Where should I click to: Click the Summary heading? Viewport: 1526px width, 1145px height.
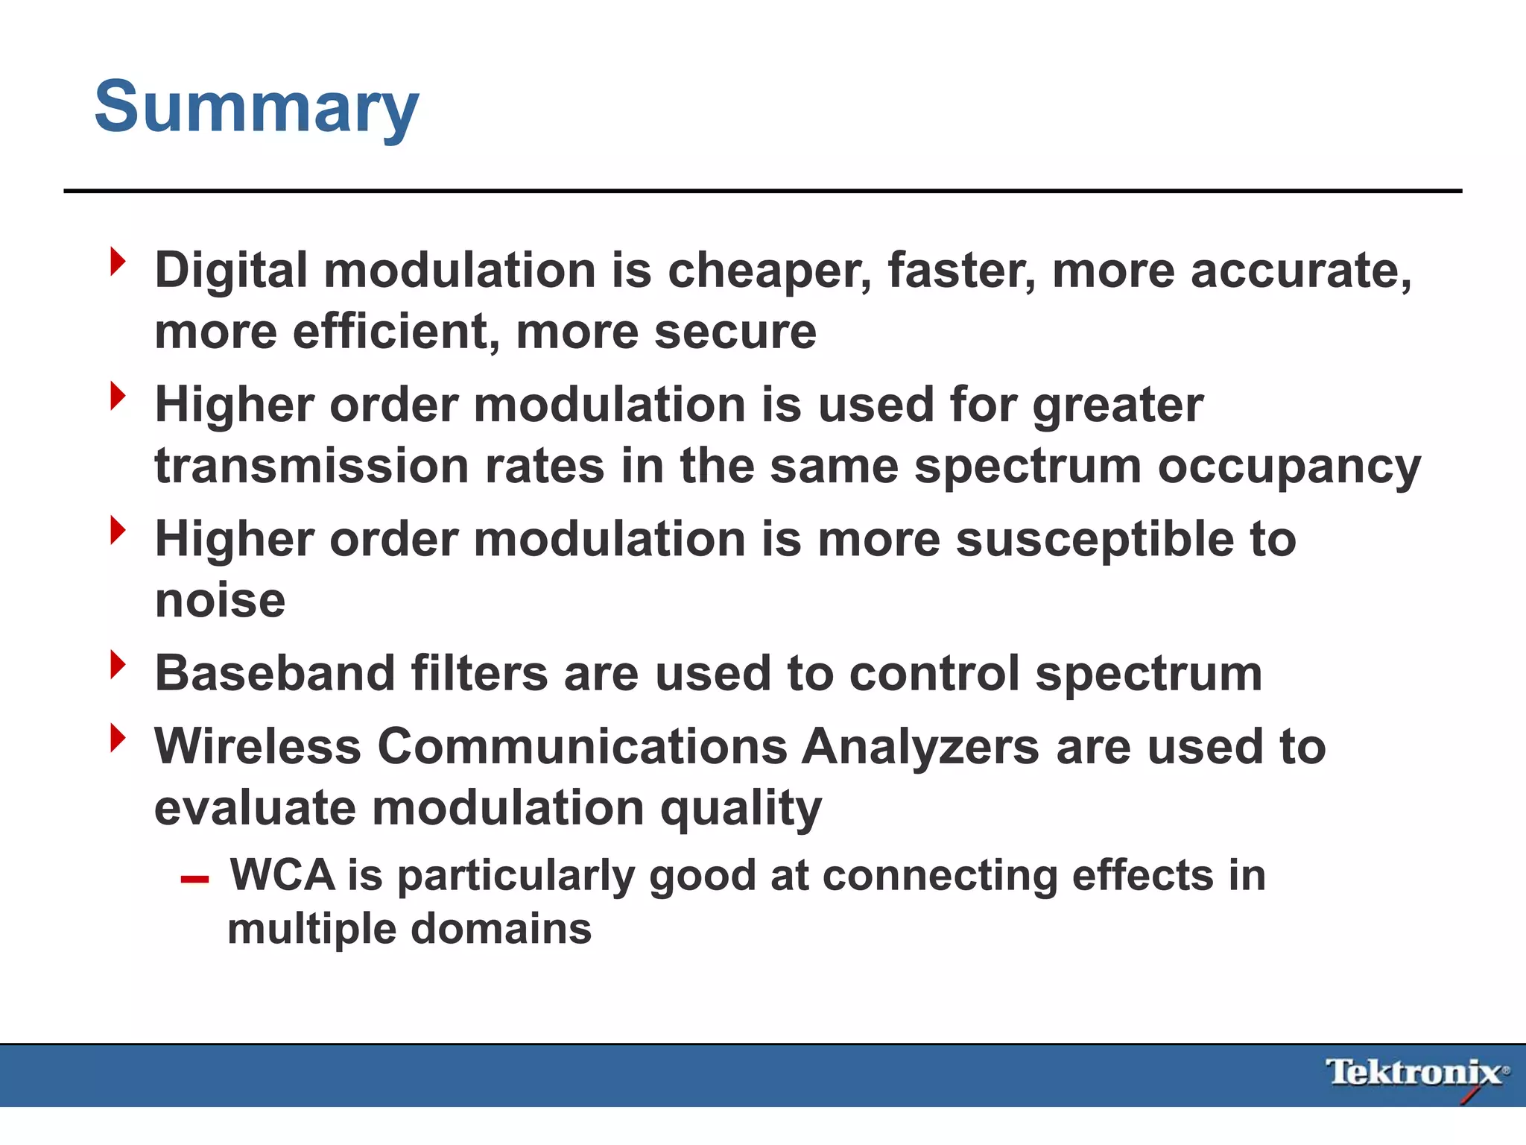pyautogui.click(x=256, y=108)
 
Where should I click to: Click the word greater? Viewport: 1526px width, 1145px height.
pyautogui.click(x=1118, y=406)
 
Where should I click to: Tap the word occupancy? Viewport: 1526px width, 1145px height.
pyautogui.click(x=1289, y=467)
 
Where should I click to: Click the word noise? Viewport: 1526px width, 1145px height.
pyautogui.click(x=220, y=601)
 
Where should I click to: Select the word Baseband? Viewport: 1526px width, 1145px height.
pyautogui.click(x=275, y=674)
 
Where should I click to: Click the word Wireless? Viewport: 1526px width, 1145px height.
pyautogui.click(x=257, y=747)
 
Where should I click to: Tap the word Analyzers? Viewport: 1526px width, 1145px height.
pyautogui.click(x=920, y=747)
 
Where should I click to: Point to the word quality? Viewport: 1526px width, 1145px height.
pyautogui.click(x=741, y=810)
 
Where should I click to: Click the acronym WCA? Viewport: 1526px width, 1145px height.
pyautogui.click(x=282, y=875)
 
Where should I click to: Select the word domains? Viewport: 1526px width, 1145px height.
pyautogui.click(x=501, y=930)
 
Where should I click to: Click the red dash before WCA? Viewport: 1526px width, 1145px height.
pyautogui.click(x=194, y=880)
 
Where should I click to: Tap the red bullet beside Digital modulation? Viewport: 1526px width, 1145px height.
pyautogui.click(x=118, y=262)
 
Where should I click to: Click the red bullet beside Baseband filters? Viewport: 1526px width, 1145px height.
pyautogui.click(x=118, y=665)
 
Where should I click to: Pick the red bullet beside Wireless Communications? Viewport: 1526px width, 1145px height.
pyautogui.click(x=118, y=738)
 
